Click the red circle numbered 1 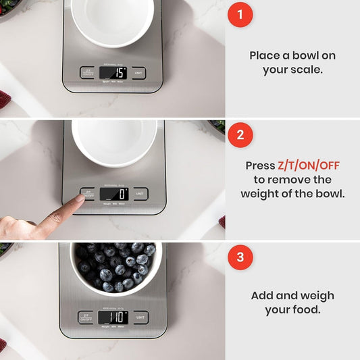click(x=239, y=15)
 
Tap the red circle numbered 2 click(x=239, y=135)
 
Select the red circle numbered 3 click(x=239, y=257)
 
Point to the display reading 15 click(x=113, y=72)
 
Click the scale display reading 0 click(x=114, y=194)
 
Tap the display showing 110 click(x=113, y=316)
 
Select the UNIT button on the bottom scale click(x=140, y=317)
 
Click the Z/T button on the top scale click(x=88, y=72)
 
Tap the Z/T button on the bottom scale click(x=86, y=317)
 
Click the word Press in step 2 click(x=259, y=165)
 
